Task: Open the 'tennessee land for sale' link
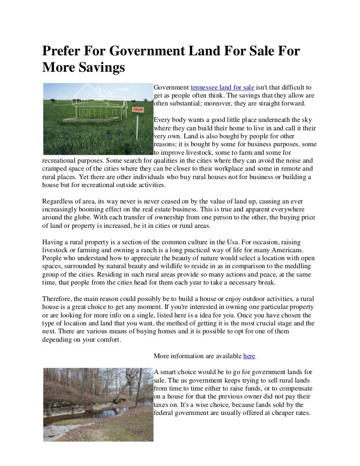tap(222, 87)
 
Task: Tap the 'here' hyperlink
tap(249, 356)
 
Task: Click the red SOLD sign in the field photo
tap(137, 109)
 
